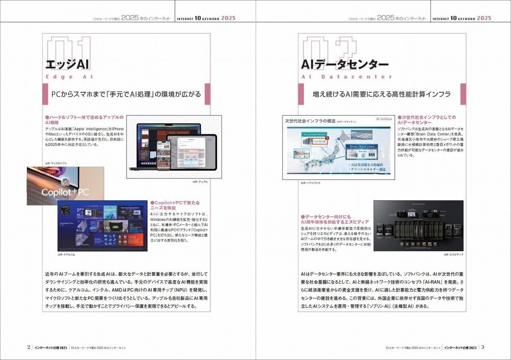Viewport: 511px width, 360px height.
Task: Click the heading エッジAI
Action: pyautogui.click(x=67, y=64)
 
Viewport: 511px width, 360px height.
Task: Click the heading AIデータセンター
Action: pyautogui.click(x=344, y=64)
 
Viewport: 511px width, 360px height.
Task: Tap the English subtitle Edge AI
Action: pyautogui.click(x=69, y=77)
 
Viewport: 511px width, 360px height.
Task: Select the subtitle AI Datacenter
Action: pyautogui.click(x=347, y=77)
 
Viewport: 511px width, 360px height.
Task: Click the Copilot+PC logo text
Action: pyautogui.click(x=65, y=193)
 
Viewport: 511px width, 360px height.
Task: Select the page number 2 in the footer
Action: pyautogui.click(x=29, y=347)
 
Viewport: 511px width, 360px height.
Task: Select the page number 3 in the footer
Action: pyautogui.click(x=483, y=347)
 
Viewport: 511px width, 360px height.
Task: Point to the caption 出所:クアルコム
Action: pyautogui.click(x=66, y=254)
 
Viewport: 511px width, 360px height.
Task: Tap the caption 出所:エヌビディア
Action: pyautogui.click(x=454, y=254)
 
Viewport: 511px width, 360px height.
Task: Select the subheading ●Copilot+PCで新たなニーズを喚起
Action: pyautogui.click(x=175, y=205)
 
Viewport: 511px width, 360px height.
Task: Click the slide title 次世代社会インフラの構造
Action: pyautogui.click(x=309, y=121)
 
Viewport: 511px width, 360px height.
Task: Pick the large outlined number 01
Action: pyautogui.click(x=69, y=47)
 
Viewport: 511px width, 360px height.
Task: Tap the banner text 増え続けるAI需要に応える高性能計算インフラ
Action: pyautogui.click(x=382, y=94)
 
